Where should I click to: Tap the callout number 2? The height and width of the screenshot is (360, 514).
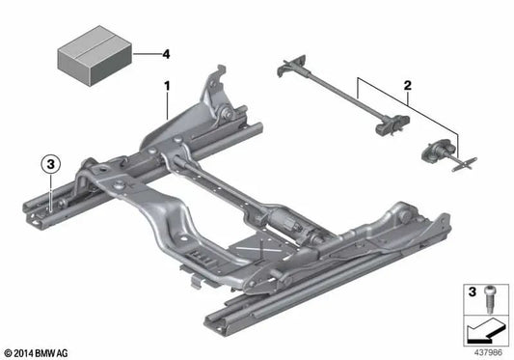point(410,86)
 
